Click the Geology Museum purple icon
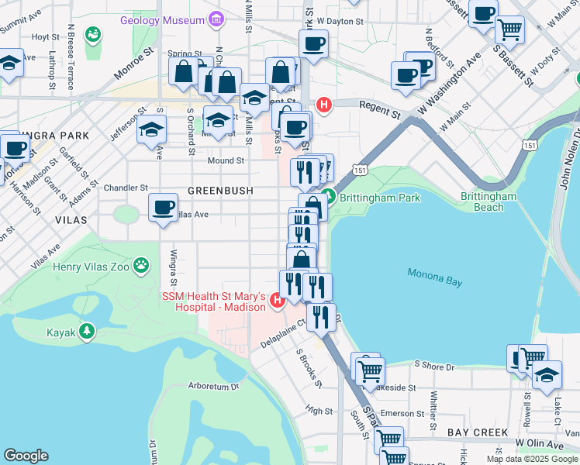(x=216, y=19)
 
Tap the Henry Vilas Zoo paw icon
(x=140, y=267)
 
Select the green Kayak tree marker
(x=87, y=332)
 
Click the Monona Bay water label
(x=435, y=277)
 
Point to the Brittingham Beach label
(x=489, y=201)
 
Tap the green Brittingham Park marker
(x=329, y=198)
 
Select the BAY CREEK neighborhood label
(x=476, y=432)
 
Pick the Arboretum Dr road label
(x=215, y=386)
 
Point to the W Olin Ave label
(x=540, y=444)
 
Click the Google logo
(x=26, y=456)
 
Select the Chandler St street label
(x=126, y=188)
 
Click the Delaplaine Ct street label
(x=284, y=337)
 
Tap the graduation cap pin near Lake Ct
(x=547, y=375)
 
